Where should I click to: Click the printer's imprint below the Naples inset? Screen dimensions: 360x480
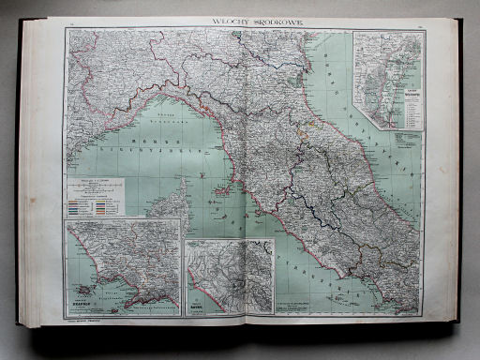[x=89, y=321]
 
